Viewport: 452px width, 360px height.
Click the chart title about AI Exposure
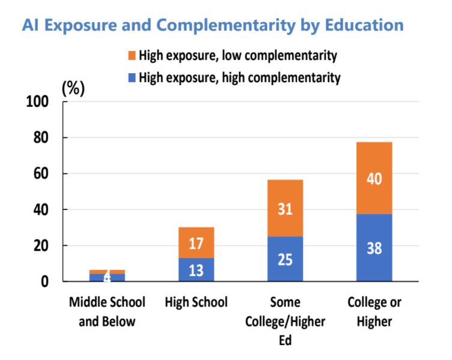[x=212, y=25]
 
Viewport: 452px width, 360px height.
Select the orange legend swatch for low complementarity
[x=132, y=56]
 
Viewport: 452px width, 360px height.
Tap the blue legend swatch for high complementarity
[x=132, y=77]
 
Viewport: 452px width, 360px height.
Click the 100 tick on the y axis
[x=37, y=102]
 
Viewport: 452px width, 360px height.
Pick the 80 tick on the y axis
[x=41, y=138]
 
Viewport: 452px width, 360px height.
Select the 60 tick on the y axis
[x=41, y=174]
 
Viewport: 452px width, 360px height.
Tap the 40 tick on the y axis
[x=41, y=210]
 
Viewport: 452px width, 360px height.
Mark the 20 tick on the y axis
[x=41, y=246]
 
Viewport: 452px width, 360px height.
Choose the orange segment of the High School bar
[x=196, y=242]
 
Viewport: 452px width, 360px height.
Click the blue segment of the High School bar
[x=196, y=269]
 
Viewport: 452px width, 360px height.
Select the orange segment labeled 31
[x=285, y=208]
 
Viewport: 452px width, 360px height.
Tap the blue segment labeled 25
[x=285, y=259]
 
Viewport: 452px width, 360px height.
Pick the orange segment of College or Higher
[x=374, y=178]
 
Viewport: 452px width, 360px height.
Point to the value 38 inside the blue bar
[x=374, y=248]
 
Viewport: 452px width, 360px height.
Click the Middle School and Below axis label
[x=107, y=311]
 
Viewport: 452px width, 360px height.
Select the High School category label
[x=196, y=302]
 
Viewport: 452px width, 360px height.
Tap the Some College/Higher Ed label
[x=285, y=321]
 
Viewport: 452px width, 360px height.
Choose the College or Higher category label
[x=374, y=311]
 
